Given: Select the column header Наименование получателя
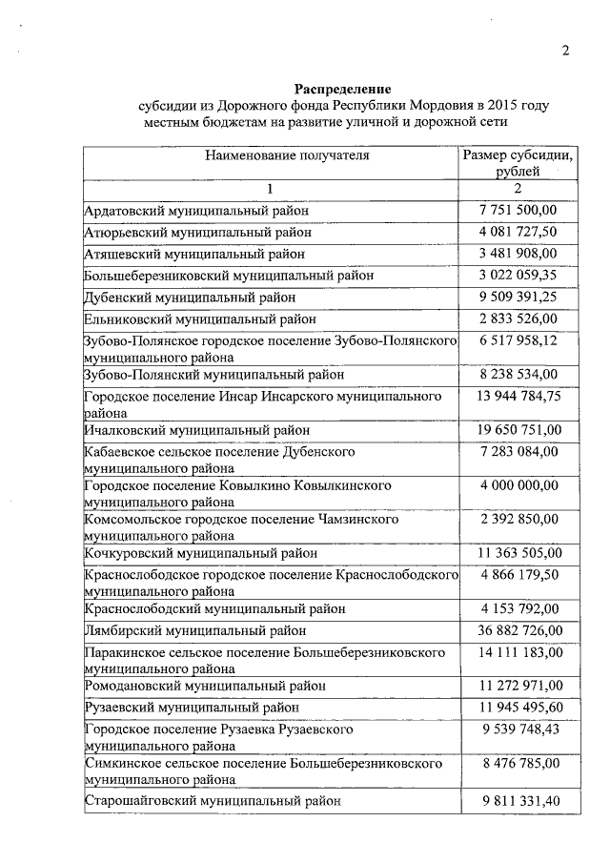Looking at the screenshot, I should [273, 154].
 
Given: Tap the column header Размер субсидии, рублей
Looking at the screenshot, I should [518, 163].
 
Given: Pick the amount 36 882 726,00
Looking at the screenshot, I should [519, 630].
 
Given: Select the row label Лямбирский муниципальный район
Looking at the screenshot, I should [195, 630].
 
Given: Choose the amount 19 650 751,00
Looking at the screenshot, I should [519, 430].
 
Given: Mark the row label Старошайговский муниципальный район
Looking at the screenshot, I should [213, 802].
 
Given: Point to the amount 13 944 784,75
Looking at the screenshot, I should [519, 396].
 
